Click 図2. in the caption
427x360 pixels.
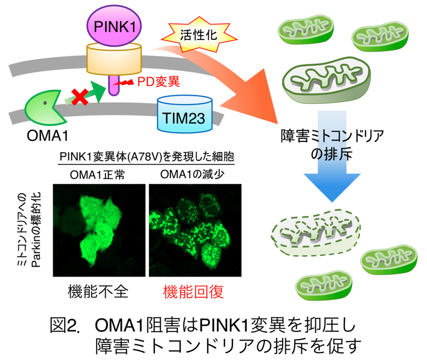point(68,325)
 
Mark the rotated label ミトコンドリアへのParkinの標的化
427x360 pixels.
point(26,230)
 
